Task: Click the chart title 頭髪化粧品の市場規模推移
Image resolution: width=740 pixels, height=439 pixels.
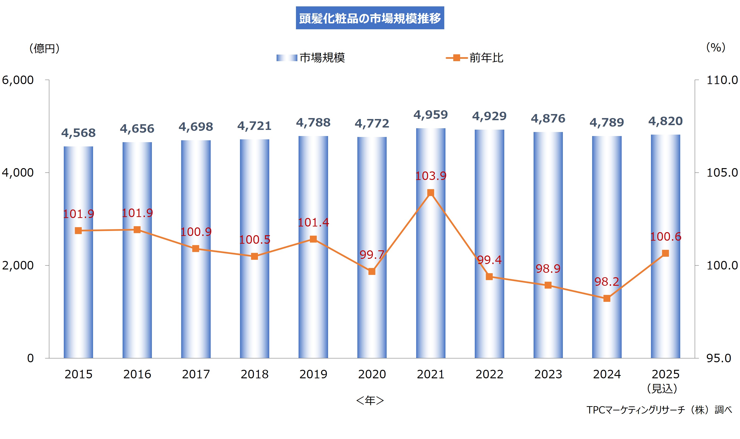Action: (x=370, y=18)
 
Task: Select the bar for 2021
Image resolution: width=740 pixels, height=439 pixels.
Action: (x=431, y=266)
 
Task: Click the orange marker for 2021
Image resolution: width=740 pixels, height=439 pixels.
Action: (x=431, y=193)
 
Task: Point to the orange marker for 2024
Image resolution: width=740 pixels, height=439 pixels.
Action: (x=607, y=298)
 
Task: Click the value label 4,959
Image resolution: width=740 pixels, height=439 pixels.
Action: (x=431, y=115)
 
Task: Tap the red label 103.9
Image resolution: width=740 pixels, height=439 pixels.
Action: (x=431, y=176)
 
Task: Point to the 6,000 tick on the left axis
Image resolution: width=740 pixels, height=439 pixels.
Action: (x=18, y=80)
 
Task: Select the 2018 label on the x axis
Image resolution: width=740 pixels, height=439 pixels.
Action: (x=254, y=374)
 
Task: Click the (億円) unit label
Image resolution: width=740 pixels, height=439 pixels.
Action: (x=44, y=48)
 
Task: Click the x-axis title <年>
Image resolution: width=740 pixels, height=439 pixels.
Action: (x=370, y=401)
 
